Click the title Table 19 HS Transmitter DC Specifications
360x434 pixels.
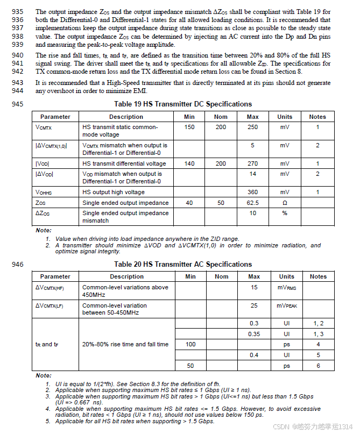[x=183, y=104]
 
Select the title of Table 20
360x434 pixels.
[x=183, y=264]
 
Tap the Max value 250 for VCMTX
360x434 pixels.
[x=252, y=127]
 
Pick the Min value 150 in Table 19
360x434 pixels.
[x=189, y=127]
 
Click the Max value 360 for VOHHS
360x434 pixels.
[x=252, y=192]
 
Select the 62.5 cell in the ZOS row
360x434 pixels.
[x=252, y=203]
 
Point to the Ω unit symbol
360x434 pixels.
[x=285, y=203]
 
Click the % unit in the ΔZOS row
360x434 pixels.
[x=285, y=214]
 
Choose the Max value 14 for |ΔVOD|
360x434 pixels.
[x=252, y=174]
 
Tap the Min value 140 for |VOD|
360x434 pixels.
[x=189, y=163]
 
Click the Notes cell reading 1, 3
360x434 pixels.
[x=318, y=333]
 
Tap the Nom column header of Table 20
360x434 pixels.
[x=222, y=276]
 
